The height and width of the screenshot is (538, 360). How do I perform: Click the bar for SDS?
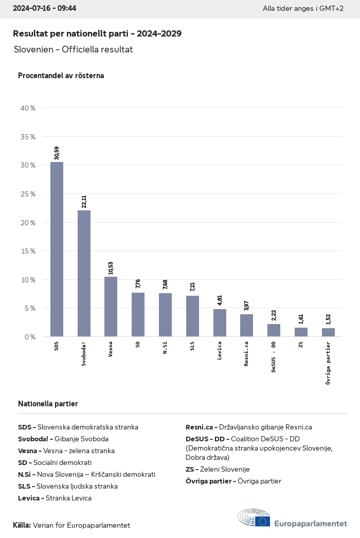(x=57, y=249)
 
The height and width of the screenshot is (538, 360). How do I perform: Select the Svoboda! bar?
(x=84, y=273)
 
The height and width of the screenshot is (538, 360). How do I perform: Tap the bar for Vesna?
(x=111, y=307)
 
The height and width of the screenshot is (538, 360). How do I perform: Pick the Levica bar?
(x=220, y=323)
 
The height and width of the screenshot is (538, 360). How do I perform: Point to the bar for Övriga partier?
(x=328, y=332)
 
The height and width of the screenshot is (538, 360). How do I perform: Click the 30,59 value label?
(x=57, y=153)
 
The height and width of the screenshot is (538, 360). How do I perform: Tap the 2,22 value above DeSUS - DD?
(x=274, y=315)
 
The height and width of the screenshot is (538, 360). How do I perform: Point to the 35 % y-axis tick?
(x=29, y=137)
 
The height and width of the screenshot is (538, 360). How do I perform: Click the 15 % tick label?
(x=29, y=251)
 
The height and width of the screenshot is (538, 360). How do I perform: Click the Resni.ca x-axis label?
(x=247, y=353)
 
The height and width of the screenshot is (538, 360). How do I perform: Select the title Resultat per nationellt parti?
(x=97, y=33)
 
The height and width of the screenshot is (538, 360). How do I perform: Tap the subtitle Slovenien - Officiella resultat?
(x=73, y=49)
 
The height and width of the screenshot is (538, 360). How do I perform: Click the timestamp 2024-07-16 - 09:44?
(x=44, y=9)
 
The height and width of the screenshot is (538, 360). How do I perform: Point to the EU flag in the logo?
(x=263, y=521)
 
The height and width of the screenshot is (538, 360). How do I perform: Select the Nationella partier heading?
(x=48, y=404)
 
